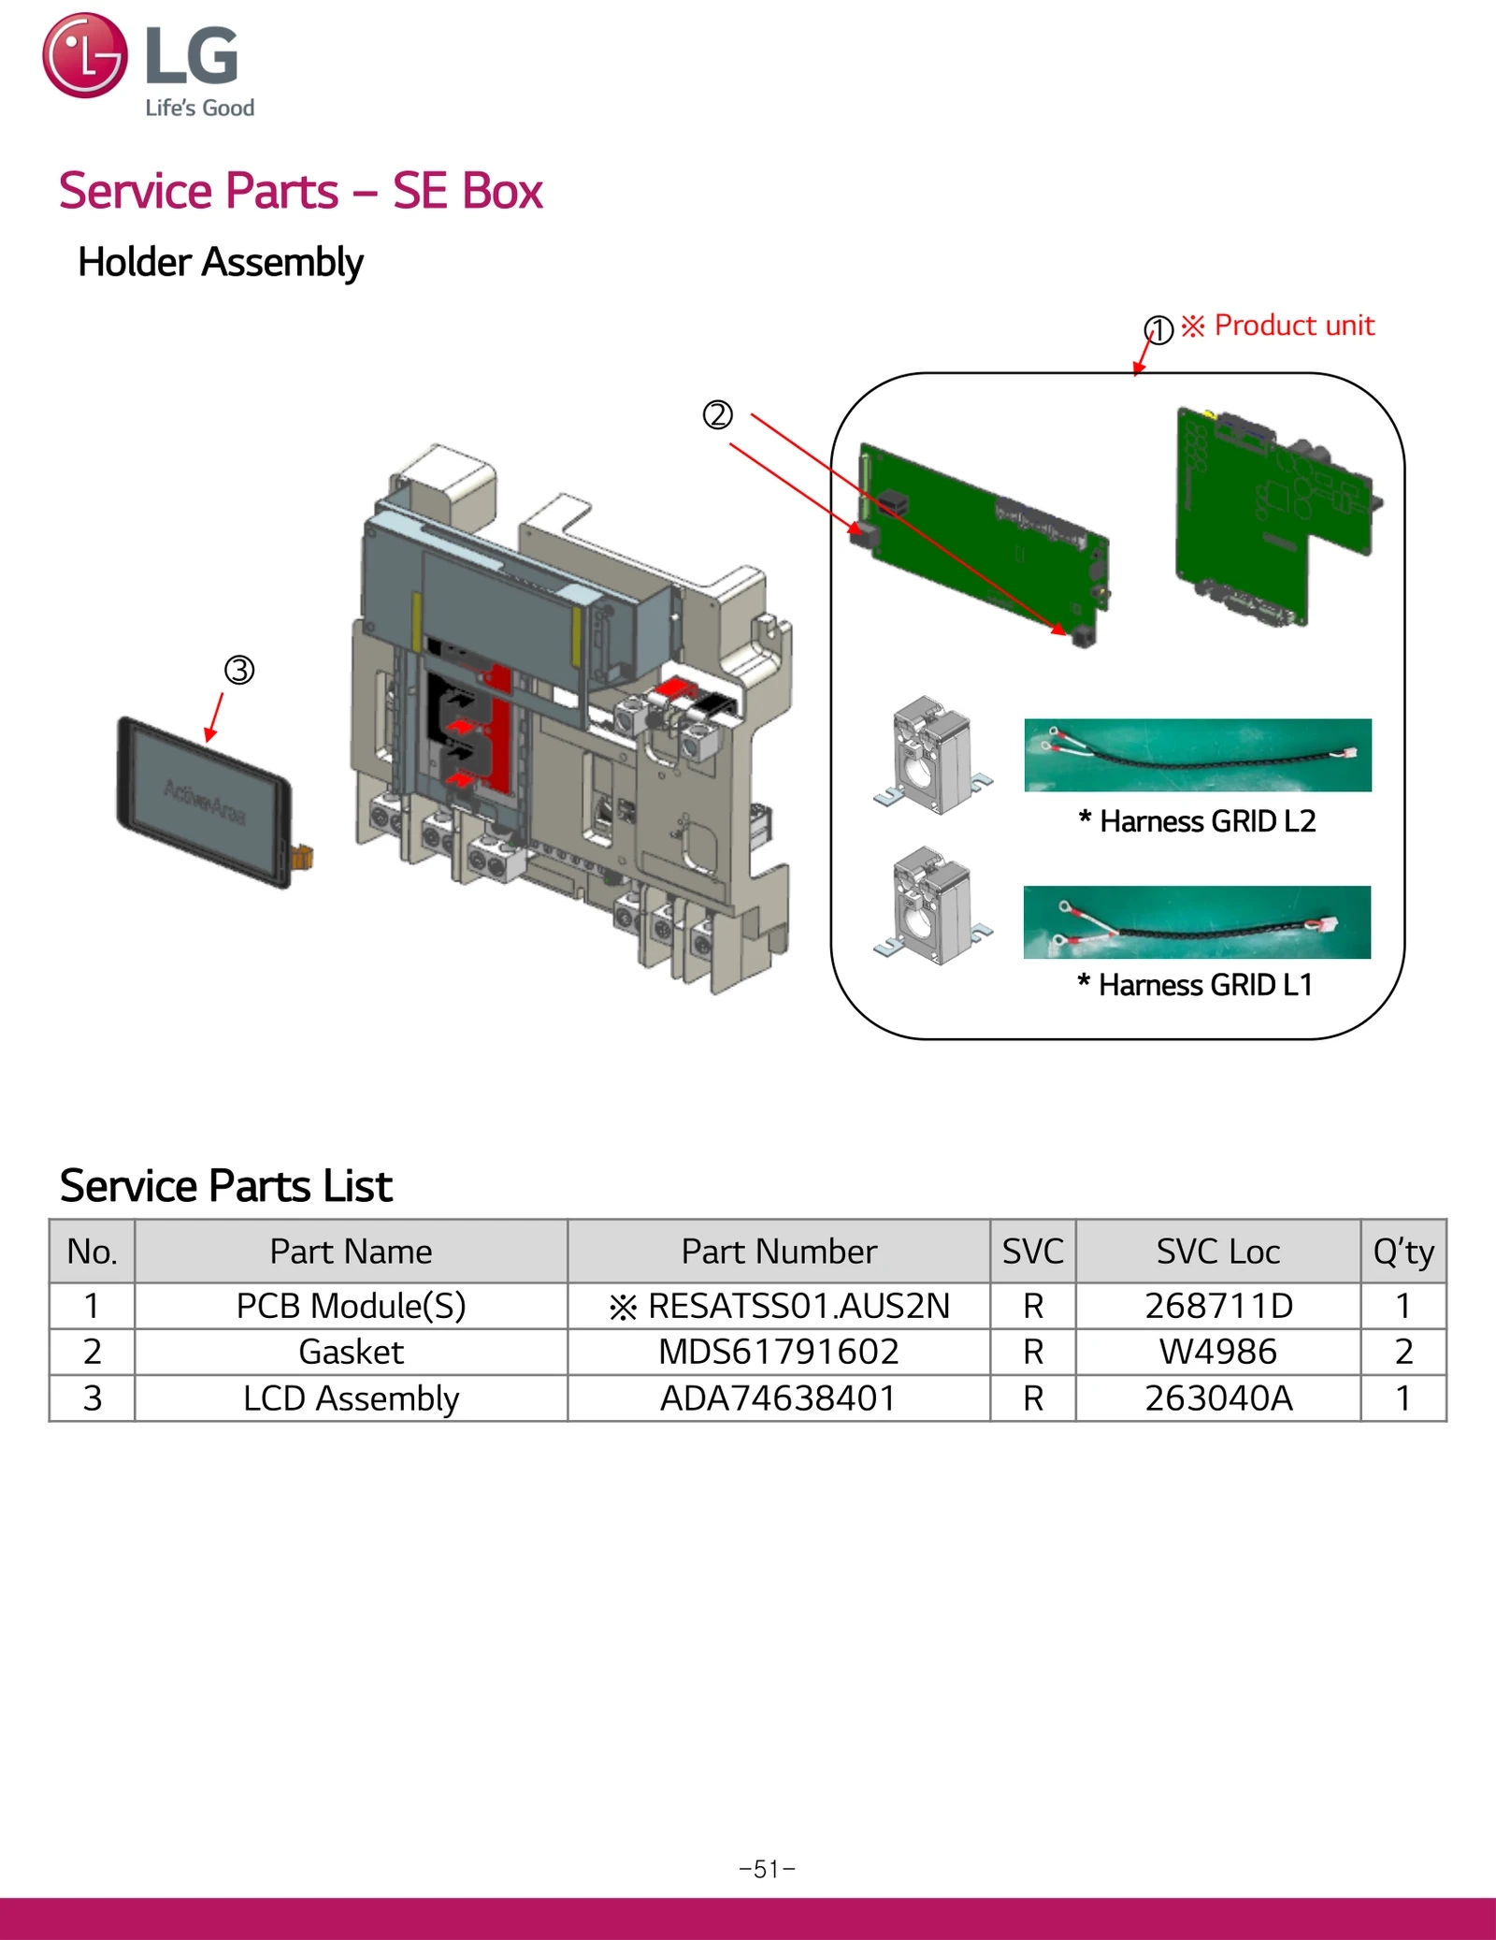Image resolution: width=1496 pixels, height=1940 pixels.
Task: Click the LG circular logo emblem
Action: pyautogui.click(x=84, y=55)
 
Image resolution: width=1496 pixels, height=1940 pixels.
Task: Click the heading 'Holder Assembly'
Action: pyautogui.click(x=220, y=262)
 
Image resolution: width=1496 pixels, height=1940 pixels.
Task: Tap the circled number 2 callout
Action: pyautogui.click(x=717, y=414)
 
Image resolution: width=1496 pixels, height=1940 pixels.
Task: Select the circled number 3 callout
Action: pyautogui.click(x=239, y=670)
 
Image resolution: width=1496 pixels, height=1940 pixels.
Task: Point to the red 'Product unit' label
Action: pyautogui.click(x=1293, y=326)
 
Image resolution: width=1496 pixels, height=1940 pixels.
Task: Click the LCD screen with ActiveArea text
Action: pyautogui.click(x=205, y=802)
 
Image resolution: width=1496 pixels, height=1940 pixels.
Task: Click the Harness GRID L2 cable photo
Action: pyautogui.click(x=1197, y=755)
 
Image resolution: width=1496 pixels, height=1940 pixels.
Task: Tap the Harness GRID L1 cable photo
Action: pyautogui.click(x=1197, y=922)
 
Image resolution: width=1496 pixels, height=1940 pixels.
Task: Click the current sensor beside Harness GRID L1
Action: pyautogui.click(x=930, y=905)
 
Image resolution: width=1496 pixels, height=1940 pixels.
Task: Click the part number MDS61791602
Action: pyautogui.click(x=778, y=1352)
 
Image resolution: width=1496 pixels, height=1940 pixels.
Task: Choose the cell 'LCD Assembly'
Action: pyautogui.click(x=351, y=1398)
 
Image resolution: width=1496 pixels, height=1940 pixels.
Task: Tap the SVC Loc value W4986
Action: pyautogui.click(x=1217, y=1352)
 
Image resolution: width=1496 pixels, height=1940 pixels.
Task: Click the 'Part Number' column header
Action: pyautogui.click(x=778, y=1252)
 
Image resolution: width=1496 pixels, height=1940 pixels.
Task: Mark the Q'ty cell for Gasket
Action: pyautogui.click(x=1402, y=1352)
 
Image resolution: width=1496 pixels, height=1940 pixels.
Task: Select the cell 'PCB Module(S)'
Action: pyautogui.click(x=351, y=1306)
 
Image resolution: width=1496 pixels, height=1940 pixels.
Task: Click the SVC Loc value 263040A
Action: pyautogui.click(x=1217, y=1398)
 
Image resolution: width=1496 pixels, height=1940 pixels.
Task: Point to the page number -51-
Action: pyautogui.click(x=767, y=1869)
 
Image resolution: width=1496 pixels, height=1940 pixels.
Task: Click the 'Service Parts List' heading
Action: pyautogui.click(x=225, y=1186)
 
